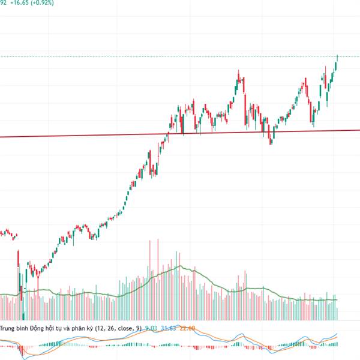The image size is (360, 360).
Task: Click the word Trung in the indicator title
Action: pos(9,328)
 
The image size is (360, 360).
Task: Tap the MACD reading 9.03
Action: pos(151,328)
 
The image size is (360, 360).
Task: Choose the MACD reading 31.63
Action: pos(169,328)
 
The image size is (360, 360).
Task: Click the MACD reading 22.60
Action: pos(188,328)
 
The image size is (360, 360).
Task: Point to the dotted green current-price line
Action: pos(180,56)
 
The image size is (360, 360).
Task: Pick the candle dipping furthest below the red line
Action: pos(271,140)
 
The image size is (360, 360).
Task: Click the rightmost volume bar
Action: pos(337,313)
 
